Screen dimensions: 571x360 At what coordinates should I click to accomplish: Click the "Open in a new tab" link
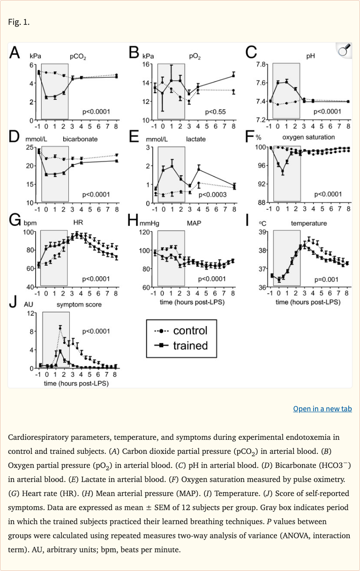click(x=322, y=409)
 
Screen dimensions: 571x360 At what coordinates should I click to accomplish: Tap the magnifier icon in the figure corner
click(x=344, y=51)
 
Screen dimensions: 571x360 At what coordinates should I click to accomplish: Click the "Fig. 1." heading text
click(x=19, y=22)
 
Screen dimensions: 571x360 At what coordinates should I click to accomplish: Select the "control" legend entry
click(x=190, y=331)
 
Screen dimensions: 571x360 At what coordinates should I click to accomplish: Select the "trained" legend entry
click(x=190, y=346)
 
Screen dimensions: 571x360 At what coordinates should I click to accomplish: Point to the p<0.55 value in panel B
click(x=215, y=112)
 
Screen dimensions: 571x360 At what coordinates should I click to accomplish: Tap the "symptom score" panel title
click(x=79, y=304)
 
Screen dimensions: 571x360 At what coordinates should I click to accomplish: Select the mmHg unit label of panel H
click(x=150, y=223)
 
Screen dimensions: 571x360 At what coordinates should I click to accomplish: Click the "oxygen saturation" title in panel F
click(x=308, y=137)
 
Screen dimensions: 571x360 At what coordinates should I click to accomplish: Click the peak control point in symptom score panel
click(x=60, y=327)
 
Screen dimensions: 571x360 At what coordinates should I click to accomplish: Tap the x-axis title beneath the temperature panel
click(x=308, y=302)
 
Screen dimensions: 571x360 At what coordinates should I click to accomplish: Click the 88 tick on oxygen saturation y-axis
click(x=262, y=203)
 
